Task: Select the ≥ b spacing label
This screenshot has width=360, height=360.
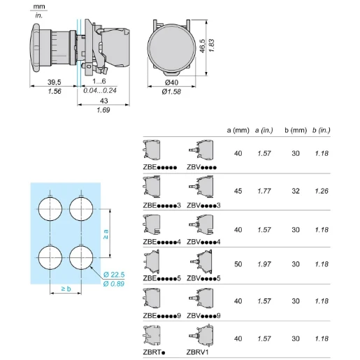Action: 64,288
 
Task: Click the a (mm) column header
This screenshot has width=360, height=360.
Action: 238,130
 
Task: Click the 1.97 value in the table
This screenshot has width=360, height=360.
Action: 264,264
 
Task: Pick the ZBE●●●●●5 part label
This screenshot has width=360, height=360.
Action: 161,279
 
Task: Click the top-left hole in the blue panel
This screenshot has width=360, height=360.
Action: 49,208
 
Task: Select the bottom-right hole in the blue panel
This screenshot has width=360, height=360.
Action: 81,256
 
